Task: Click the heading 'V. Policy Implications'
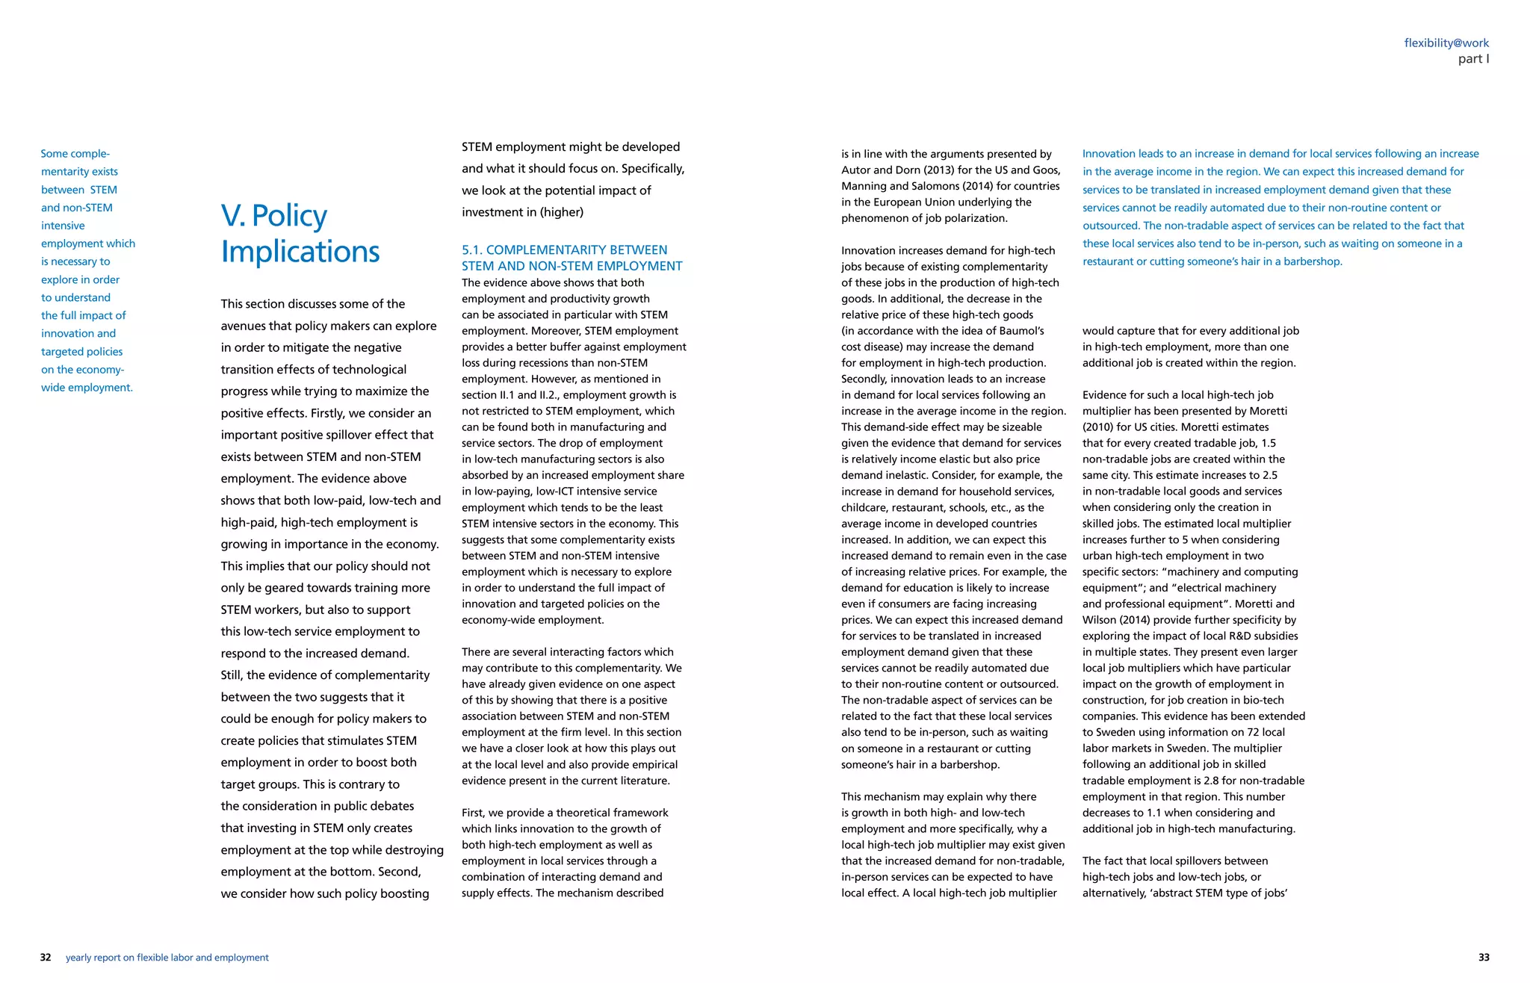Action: pyautogui.click(x=300, y=233)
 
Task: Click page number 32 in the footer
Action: pyautogui.click(x=46, y=958)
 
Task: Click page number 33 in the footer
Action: pyautogui.click(x=1484, y=958)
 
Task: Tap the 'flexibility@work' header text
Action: pyautogui.click(x=1446, y=43)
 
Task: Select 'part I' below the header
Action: pyautogui.click(x=1473, y=59)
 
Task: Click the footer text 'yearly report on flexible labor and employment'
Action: pyautogui.click(x=167, y=958)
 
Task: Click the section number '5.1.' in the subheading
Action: pyautogui.click(x=471, y=250)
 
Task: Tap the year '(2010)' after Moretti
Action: pyautogui.click(x=1097, y=427)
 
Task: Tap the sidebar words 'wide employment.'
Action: pyautogui.click(x=87, y=388)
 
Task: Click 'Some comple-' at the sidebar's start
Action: pyautogui.click(x=75, y=154)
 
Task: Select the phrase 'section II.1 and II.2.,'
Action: pyautogui.click(x=516, y=395)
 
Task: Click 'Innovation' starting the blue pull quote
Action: pyautogui.click(x=1108, y=154)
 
